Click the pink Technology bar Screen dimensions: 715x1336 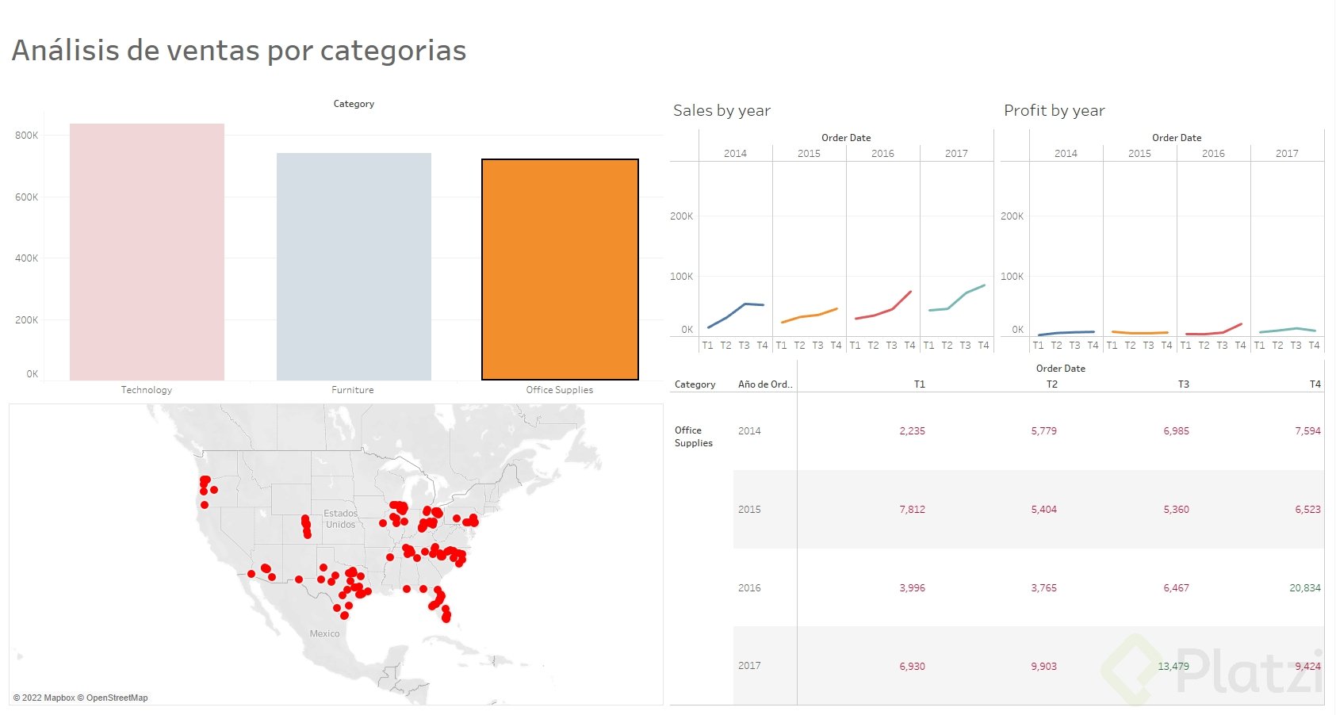(x=147, y=252)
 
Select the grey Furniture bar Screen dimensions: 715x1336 (x=354, y=266)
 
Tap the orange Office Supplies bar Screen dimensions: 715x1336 (x=560, y=270)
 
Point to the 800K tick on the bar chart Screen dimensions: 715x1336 (x=26, y=136)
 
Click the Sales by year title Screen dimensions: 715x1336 (x=722, y=111)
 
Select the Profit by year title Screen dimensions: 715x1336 (x=1054, y=111)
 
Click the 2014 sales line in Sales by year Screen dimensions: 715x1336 (x=736, y=311)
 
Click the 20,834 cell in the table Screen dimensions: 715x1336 (x=1304, y=588)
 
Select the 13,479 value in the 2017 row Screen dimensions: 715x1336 (x=1173, y=667)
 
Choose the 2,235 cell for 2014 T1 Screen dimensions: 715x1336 (x=912, y=431)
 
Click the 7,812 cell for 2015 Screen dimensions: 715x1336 (x=912, y=510)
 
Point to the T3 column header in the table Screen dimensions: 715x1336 (x=1183, y=384)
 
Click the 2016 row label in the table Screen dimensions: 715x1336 (x=749, y=588)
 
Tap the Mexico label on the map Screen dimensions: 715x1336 (x=324, y=634)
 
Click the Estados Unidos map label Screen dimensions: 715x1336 (x=341, y=519)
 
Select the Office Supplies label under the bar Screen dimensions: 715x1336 (x=559, y=390)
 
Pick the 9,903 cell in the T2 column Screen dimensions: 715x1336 (x=1043, y=667)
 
